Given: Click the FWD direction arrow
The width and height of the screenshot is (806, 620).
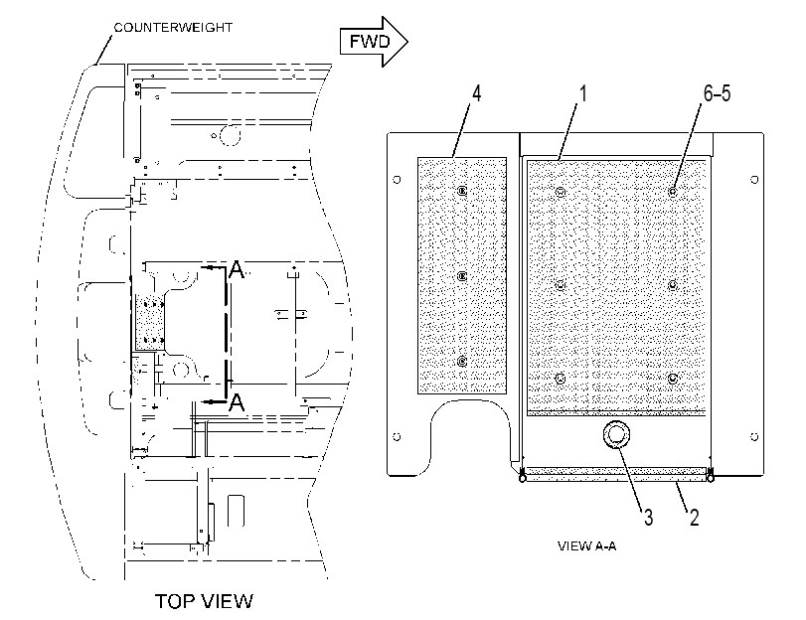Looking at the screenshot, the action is click(374, 42).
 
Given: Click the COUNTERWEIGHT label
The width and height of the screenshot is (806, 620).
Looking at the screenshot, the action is click(173, 27).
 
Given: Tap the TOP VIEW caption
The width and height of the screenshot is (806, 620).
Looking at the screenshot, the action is click(204, 601).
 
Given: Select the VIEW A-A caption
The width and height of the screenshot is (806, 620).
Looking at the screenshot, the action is click(586, 545).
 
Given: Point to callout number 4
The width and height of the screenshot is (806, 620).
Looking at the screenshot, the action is click(476, 94).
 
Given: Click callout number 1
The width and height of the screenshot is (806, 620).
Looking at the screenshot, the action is click(583, 94).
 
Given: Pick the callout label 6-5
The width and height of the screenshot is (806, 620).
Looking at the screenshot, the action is click(718, 93).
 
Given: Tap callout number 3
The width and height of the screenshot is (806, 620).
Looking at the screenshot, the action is click(648, 518).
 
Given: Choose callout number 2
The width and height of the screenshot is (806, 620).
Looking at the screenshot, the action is click(694, 518).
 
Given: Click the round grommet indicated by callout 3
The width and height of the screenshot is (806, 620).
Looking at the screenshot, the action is click(616, 435).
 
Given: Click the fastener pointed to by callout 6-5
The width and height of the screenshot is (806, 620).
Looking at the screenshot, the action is click(673, 193).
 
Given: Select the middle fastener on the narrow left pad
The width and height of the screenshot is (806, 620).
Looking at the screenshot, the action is click(462, 276).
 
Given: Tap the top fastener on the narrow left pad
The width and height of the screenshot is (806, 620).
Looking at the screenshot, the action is click(462, 191).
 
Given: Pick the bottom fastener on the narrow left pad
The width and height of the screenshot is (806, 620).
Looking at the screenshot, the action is click(462, 362).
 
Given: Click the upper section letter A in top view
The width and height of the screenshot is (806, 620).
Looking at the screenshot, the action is click(236, 269).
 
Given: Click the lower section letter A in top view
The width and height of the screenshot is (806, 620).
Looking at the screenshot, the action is click(236, 402).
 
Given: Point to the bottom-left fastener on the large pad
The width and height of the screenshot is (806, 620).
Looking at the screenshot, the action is click(561, 379).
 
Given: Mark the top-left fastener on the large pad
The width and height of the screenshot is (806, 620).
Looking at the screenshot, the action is click(561, 193).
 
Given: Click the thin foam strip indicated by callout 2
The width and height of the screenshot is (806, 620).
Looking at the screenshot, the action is click(616, 474).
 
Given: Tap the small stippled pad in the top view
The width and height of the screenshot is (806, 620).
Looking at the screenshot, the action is click(149, 323).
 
